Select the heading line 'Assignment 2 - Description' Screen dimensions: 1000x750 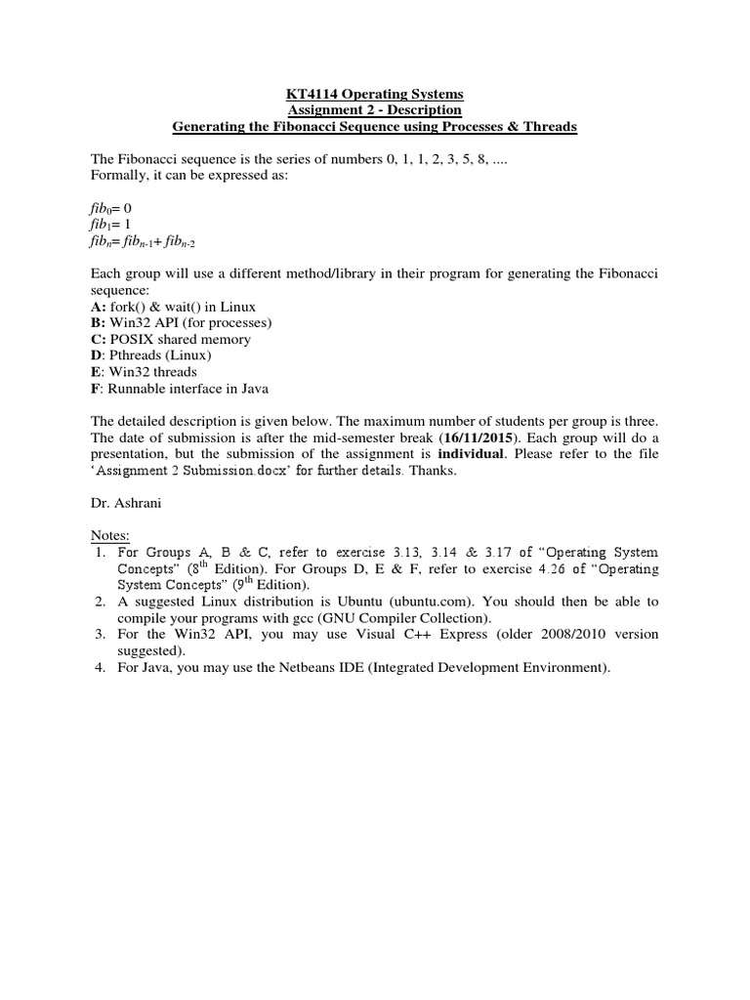(x=374, y=110)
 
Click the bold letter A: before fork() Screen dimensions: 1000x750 (x=99, y=307)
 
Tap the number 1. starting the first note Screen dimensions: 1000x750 (x=100, y=553)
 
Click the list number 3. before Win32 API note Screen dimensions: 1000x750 (x=100, y=635)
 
